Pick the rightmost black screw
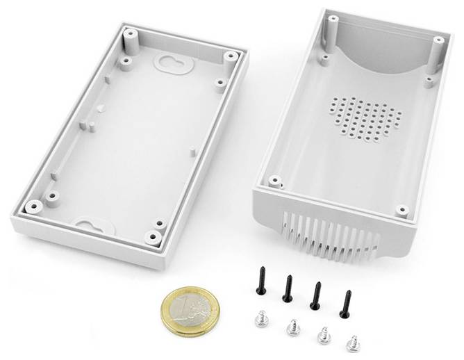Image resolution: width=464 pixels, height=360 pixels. click(345, 303)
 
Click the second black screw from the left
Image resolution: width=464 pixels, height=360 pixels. click(288, 288)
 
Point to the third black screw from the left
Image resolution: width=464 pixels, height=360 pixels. click(317, 295)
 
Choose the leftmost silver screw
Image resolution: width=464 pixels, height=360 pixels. click(262, 317)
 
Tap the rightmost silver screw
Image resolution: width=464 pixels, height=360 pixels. click(354, 341)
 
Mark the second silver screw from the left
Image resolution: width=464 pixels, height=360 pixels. click(292, 325)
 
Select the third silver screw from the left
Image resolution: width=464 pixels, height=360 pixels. click(324, 334)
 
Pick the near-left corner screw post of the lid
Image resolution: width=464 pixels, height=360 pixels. click(33, 206)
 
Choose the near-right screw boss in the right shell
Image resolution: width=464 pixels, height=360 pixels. click(401, 208)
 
